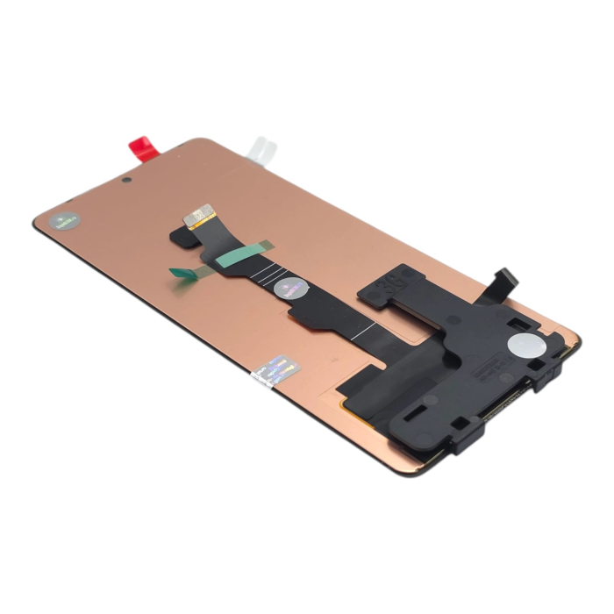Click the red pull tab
coord(144,147)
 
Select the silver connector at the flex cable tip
coord(201,213)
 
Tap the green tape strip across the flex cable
coord(242,255)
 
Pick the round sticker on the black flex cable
coord(289,288)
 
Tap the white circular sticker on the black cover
coord(524,345)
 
